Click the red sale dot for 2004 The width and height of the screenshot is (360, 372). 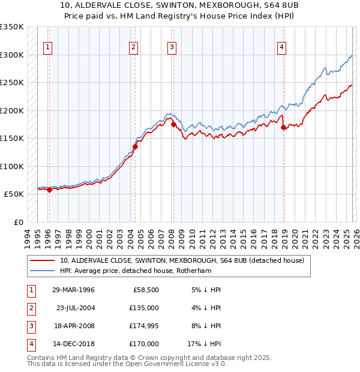point(136,146)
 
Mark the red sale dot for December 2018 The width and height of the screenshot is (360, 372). point(284,127)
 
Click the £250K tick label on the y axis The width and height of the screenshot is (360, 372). point(12,82)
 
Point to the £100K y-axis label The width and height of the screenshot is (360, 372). point(12,166)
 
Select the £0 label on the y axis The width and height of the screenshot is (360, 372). point(17,222)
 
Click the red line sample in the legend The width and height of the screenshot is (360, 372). point(43,260)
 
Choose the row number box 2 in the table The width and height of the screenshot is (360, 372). point(30,308)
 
